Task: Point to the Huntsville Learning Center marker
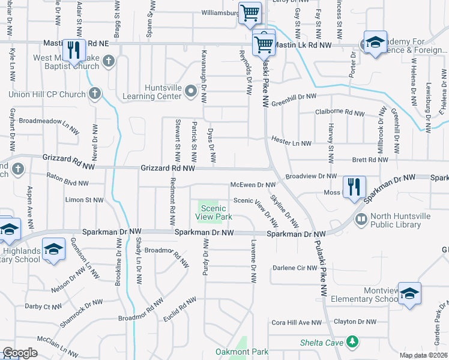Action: [191, 91]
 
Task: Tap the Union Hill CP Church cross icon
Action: [94, 94]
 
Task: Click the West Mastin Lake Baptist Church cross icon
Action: [109, 60]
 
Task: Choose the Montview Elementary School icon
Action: [409, 293]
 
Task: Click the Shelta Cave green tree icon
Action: [354, 342]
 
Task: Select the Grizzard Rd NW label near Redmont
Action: [168, 169]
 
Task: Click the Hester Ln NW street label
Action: [291, 143]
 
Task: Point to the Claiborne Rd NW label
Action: [340, 113]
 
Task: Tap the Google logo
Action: [19, 353]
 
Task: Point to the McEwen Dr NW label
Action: [253, 185]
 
